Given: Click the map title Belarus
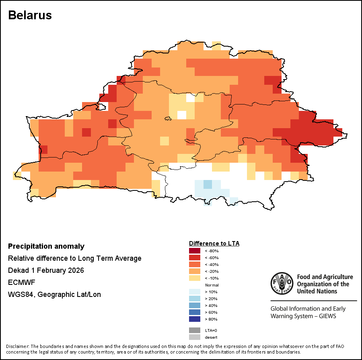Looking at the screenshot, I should (x=30, y=15).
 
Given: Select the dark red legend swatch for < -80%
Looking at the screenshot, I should (x=194, y=251).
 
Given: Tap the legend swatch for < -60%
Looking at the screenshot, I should (x=194, y=258).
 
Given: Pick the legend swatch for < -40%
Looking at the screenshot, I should (x=194, y=264).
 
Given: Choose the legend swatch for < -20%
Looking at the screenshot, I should (x=194, y=271).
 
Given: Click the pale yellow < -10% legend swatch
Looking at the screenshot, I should (x=194, y=278).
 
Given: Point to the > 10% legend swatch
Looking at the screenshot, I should (x=194, y=292).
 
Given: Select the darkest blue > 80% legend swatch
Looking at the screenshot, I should (x=194, y=319).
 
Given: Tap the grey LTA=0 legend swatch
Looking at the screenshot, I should (x=194, y=330).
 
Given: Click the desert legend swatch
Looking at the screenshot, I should (x=194, y=337).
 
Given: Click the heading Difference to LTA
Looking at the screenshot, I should (x=214, y=243).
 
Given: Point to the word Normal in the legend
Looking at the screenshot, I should (x=212, y=285).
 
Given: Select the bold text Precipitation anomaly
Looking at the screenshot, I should (x=46, y=246).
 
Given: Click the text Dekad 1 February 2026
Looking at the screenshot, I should (x=46, y=270).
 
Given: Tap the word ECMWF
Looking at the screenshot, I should (x=22, y=282).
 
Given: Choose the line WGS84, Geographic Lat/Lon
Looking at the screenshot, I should (x=54, y=295).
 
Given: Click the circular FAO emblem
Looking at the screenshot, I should (x=282, y=283).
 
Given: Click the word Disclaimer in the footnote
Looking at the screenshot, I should (x=18, y=346).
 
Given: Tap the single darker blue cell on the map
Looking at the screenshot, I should (x=207, y=184).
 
